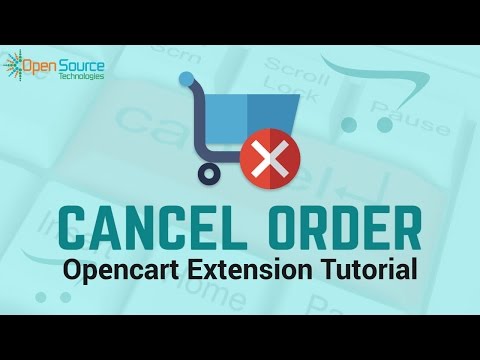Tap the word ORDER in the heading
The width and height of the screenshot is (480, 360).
pyautogui.click(x=338, y=227)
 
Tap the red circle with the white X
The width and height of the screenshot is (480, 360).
pyautogui.click(x=265, y=158)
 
